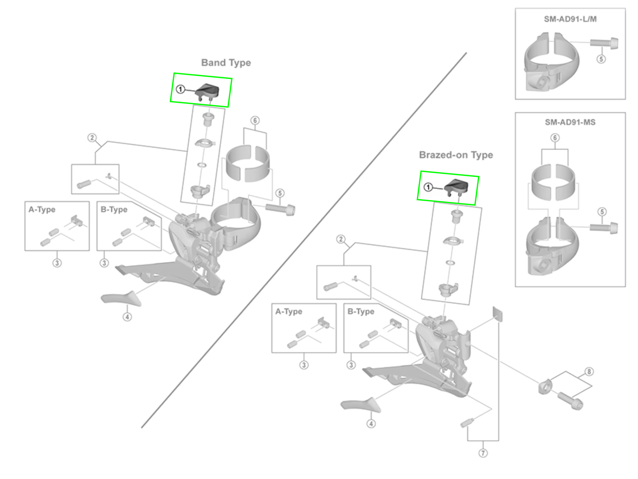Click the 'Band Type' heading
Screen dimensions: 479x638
pyautogui.click(x=226, y=63)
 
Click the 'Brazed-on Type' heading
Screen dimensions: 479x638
pyautogui.click(x=456, y=155)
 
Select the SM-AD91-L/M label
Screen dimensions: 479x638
pyautogui.click(x=570, y=19)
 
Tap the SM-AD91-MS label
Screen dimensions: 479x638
pyautogui.click(x=570, y=122)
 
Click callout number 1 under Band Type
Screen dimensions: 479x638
pyautogui.click(x=181, y=89)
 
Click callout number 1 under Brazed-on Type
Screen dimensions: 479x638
pyautogui.click(x=428, y=187)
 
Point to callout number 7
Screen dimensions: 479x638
pyautogui.click(x=483, y=453)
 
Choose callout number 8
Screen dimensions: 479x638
pyautogui.click(x=589, y=372)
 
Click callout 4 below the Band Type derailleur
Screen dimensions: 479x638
pyautogui.click(x=127, y=317)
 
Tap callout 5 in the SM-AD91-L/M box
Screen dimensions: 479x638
pyautogui.click(x=601, y=59)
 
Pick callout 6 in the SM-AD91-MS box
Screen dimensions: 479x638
pyautogui.click(x=555, y=138)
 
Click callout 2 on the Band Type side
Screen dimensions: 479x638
pyautogui.click(x=92, y=138)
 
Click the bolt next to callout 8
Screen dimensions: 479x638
pyautogui.click(x=570, y=400)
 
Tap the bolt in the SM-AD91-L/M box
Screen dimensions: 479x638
pyautogui.click(x=604, y=43)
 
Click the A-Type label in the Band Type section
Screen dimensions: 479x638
pyautogui.click(x=42, y=209)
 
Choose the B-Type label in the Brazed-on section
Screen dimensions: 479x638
pyautogui.click(x=361, y=311)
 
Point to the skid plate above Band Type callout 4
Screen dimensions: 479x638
pyautogui.click(x=122, y=298)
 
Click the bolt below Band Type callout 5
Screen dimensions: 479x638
pyautogui.click(x=280, y=209)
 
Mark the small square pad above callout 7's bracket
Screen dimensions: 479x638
pyautogui.click(x=497, y=314)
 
